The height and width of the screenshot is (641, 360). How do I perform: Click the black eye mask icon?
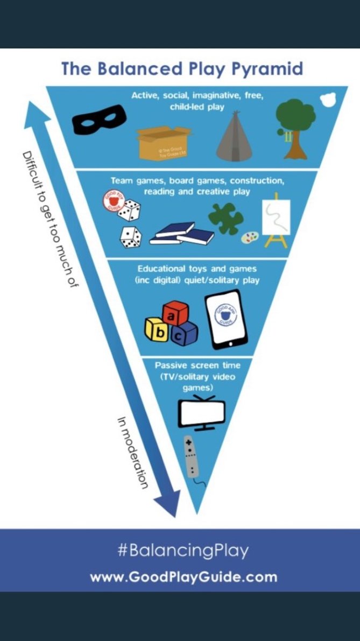pyautogui.click(x=99, y=119)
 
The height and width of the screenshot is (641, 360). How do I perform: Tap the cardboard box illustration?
pyautogui.click(x=165, y=142)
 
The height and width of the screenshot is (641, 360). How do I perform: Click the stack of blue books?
pyautogui.click(x=181, y=234)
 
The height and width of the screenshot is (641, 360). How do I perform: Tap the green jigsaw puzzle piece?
pyautogui.click(x=225, y=217)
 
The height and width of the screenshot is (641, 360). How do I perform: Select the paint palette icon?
pyautogui.click(x=249, y=237)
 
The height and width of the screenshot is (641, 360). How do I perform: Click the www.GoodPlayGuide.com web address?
pyautogui.click(x=183, y=577)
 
